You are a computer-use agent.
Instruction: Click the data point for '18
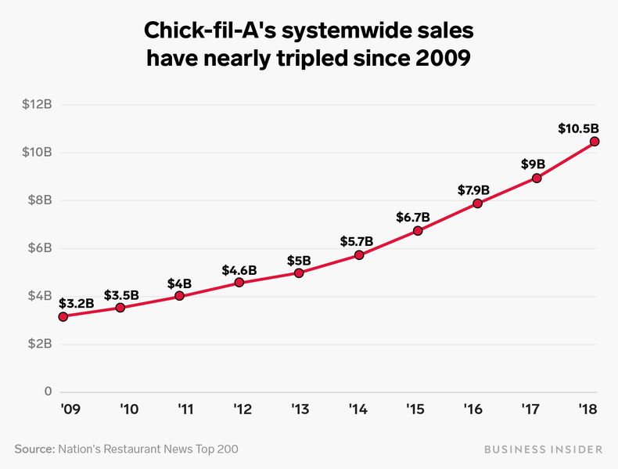click(x=595, y=141)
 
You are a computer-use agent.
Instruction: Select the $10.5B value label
click(x=579, y=128)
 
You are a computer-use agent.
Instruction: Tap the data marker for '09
click(x=63, y=316)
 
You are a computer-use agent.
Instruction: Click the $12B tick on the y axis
click(x=37, y=104)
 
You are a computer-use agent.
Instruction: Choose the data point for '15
click(x=418, y=231)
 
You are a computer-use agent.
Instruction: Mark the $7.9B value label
click(x=474, y=189)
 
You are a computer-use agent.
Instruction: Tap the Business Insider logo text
click(x=542, y=449)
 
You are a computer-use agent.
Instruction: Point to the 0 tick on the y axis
click(x=47, y=391)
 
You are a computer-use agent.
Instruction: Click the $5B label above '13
click(x=299, y=260)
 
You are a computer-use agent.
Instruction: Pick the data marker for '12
click(x=239, y=282)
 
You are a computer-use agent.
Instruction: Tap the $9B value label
click(x=533, y=164)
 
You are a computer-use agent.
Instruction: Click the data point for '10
click(x=120, y=308)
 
